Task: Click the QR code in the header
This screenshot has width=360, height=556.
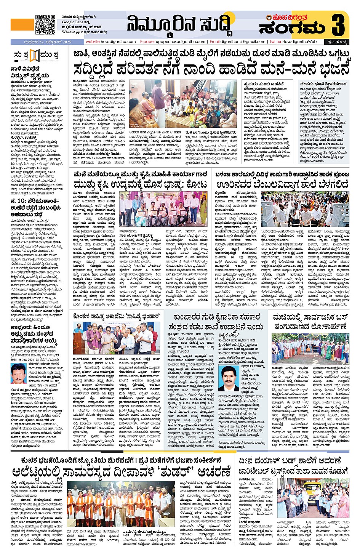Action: click(45, 24)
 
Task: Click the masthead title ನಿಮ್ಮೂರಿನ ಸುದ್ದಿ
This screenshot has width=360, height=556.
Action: click(179, 25)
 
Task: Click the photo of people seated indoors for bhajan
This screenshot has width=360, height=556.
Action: click(182, 104)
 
